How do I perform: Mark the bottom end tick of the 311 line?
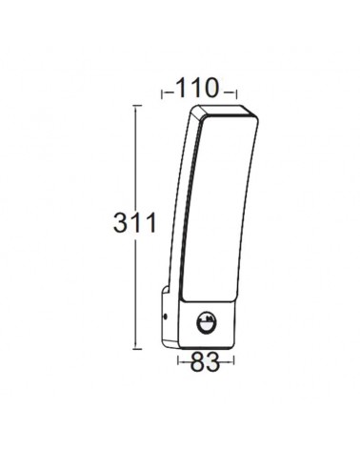coord(140,346)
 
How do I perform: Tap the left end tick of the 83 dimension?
coord(177,362)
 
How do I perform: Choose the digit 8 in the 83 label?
coord(195,362)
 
